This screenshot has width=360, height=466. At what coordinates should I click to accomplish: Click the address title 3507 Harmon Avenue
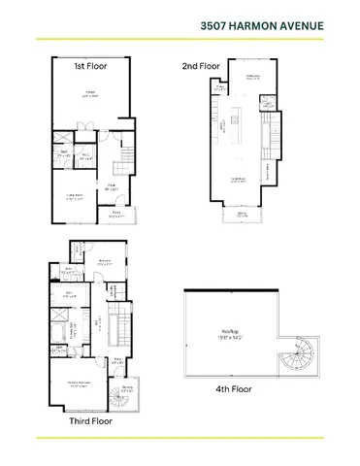click(275, 25)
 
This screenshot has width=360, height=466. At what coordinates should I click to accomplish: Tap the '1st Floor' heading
click(91, 66)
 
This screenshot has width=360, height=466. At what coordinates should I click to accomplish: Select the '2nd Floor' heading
click(202, 66)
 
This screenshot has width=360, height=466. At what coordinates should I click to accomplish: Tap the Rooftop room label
click(228, 335)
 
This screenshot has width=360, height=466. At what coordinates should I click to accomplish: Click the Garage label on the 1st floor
click(88, 95)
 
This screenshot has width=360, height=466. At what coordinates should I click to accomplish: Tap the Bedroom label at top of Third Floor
click(104, 261)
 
